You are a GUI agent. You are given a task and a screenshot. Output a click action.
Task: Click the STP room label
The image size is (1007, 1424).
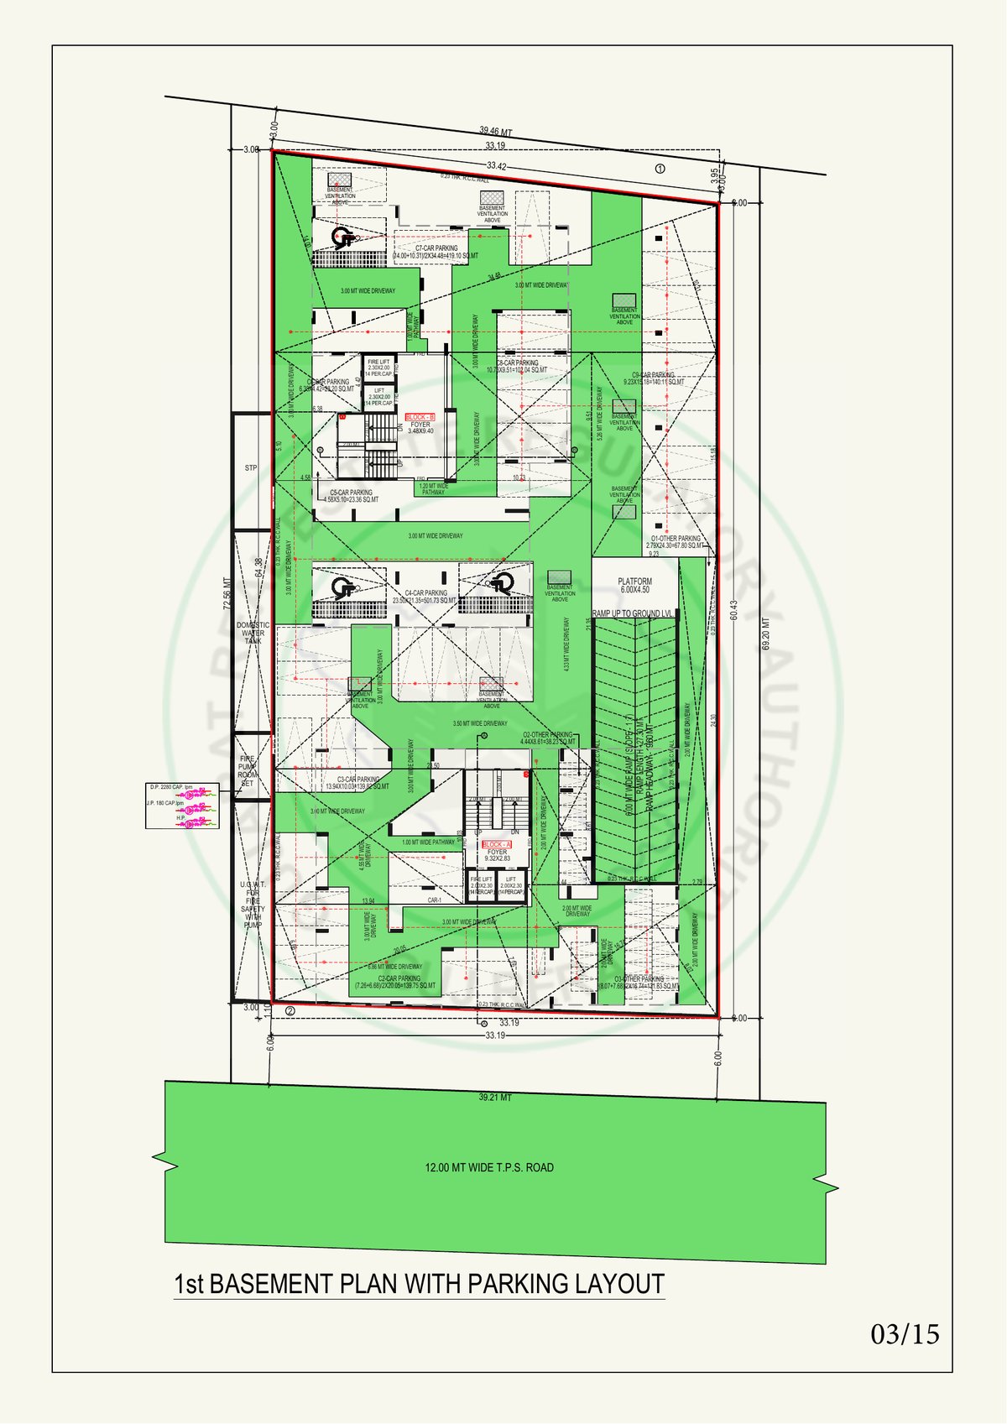tap(251, 467)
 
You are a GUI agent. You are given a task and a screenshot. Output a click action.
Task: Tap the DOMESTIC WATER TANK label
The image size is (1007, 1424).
tap(253, 633)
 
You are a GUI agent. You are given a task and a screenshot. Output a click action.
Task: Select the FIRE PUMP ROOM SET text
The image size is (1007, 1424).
tap(248, 770)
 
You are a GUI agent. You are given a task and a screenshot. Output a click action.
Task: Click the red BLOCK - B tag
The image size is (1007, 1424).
tap(420, 417)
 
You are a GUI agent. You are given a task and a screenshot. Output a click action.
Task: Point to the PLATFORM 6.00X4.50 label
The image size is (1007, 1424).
tap(634, 585)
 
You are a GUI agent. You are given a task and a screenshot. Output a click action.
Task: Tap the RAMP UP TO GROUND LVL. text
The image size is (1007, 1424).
tap(634, 613)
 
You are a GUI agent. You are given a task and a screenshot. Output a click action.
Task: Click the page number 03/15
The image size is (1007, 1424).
tap(905, 1333)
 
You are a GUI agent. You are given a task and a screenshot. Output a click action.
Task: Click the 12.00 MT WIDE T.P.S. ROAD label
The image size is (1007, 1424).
tap(489, 1167)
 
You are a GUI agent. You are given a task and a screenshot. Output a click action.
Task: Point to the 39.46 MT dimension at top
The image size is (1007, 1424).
tap(495, 131)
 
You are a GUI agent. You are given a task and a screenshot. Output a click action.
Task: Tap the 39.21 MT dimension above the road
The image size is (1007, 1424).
tap(495, 1097)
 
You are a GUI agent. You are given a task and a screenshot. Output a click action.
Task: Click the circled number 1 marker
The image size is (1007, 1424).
tap(660, 169)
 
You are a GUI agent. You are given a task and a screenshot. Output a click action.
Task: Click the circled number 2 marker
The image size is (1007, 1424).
tap(290, 1010)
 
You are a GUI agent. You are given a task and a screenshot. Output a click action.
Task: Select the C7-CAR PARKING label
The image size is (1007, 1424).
tap(436, 248)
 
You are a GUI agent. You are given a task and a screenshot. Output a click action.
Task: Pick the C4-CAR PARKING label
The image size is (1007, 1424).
tap(425, 593)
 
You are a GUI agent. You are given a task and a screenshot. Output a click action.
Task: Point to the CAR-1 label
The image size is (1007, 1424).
tap(434, 900)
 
